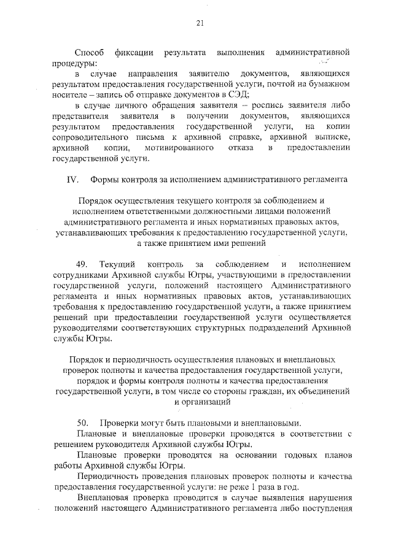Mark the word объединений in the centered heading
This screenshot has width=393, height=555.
[x=305, y=391]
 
